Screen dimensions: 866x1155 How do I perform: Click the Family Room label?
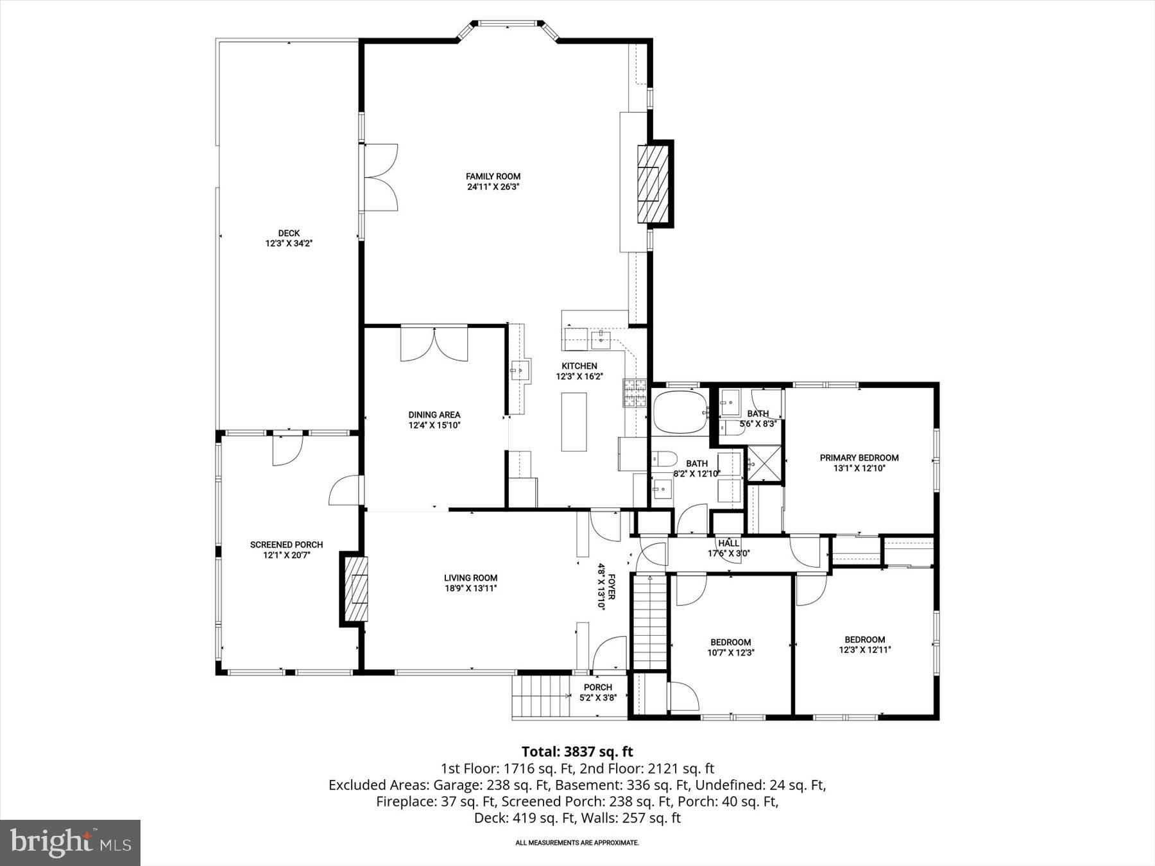click(493, 176)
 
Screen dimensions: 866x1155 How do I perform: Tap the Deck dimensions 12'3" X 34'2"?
click(289, 244)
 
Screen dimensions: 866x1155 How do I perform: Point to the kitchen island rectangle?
click(574, 421)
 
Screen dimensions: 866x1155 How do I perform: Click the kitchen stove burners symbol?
click(635, 393)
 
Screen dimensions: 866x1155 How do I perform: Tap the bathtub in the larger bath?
click(680, 412)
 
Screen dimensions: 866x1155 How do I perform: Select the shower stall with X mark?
click(764, 464)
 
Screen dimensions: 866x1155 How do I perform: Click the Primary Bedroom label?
click(859, 458)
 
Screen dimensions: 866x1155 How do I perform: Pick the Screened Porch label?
click(286, 545)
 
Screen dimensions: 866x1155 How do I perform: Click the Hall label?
click(728, 543)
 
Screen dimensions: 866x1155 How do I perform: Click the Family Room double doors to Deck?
click(382, 178)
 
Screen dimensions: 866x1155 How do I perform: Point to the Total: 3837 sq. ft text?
click(577, 751)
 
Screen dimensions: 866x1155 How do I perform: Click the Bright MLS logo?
click(70, 842)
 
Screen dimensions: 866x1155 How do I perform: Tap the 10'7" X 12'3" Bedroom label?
click(730, 647)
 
